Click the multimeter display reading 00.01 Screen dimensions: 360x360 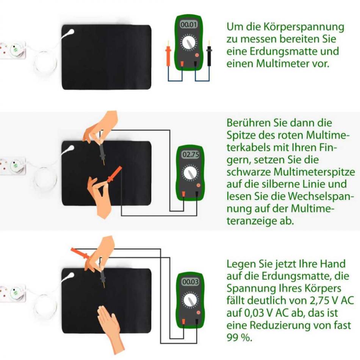tap(188, 25)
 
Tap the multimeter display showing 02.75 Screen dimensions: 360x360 tap(190, 155)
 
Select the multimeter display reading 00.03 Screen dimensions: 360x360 tap(190, 282)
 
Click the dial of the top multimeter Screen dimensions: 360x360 tap(189, 42)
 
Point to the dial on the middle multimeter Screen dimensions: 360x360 tap(190, 173)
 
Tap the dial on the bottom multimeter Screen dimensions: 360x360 tap(190, 300)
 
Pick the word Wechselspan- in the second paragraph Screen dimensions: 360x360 tap(319, 196)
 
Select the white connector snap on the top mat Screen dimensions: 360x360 tap(69, 32)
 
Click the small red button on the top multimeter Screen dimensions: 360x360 tap(197, 55)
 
